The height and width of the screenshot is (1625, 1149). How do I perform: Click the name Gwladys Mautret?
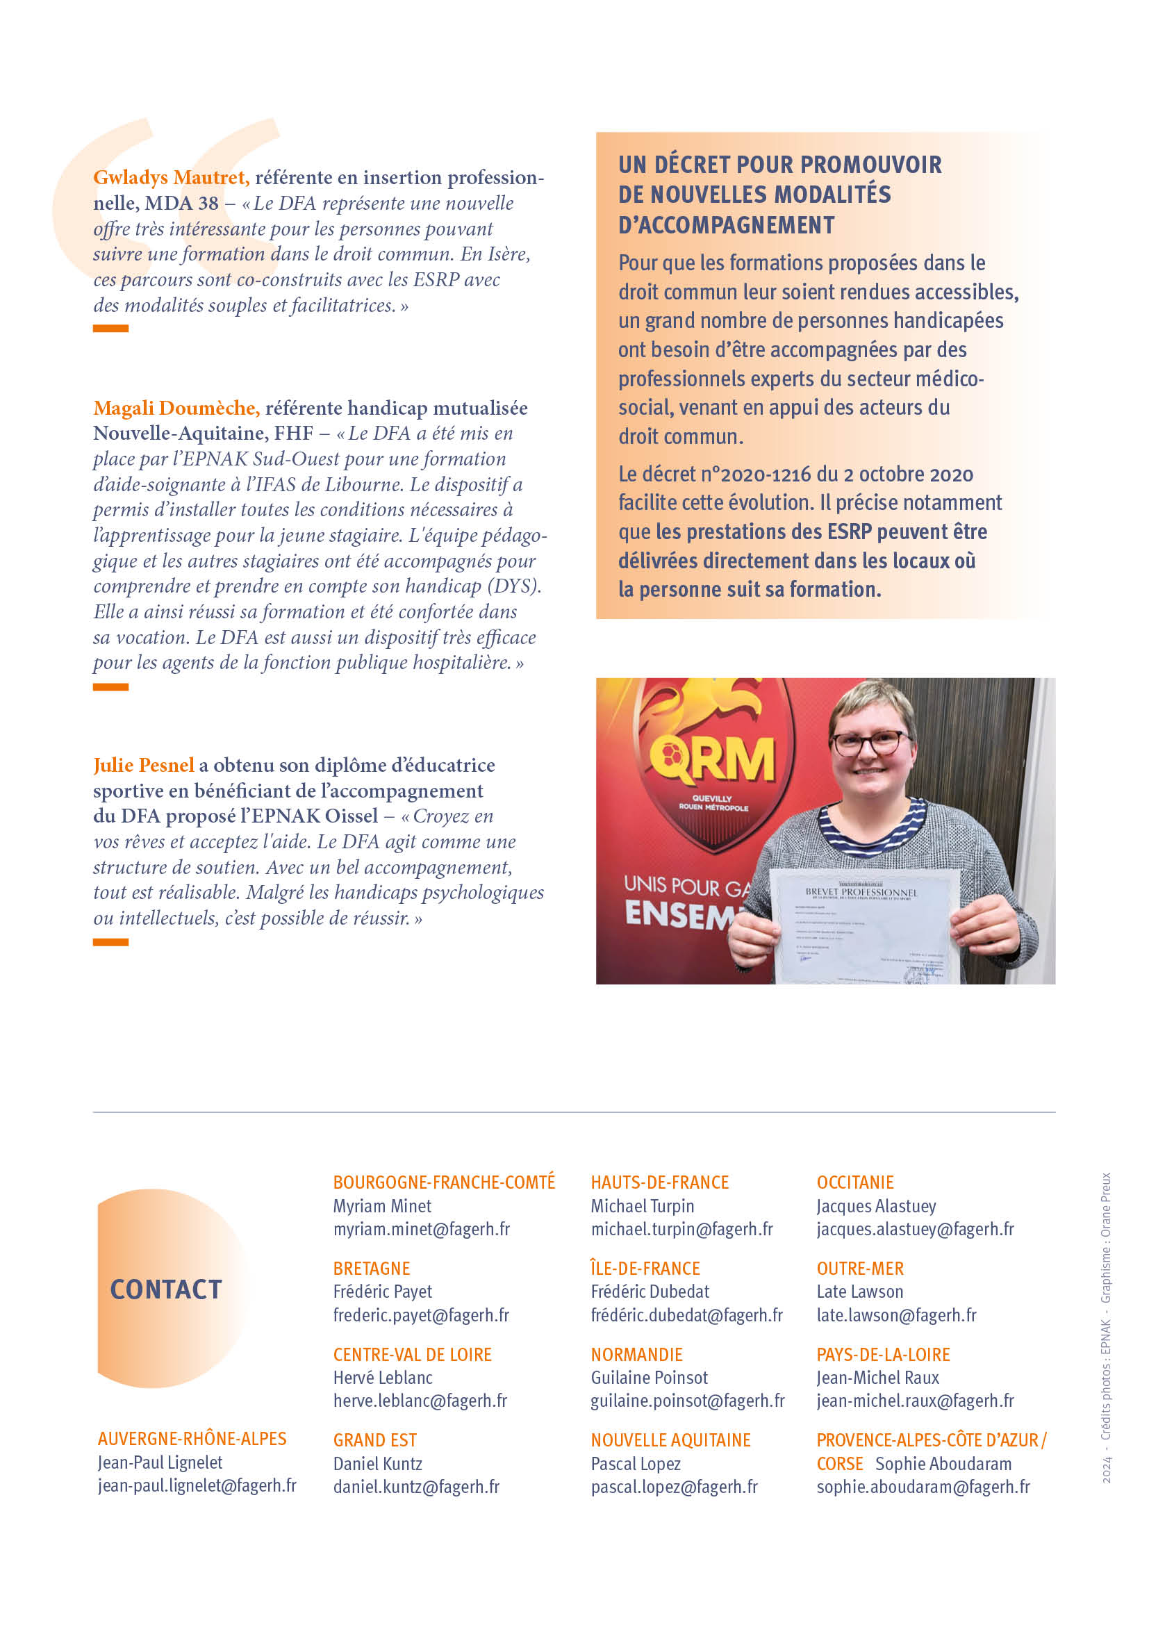click(x=170, y=177)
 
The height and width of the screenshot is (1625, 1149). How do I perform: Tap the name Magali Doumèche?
click(x=176, y=408)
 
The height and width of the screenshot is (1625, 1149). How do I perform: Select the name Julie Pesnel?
click(x=143, y=765)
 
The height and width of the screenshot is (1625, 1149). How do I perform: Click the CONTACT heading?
click(x=166, y=1289)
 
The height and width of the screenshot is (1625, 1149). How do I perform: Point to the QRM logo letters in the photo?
click(x=713, y=759)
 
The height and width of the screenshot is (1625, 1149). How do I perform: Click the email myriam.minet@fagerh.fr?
click(x=422, y=1230)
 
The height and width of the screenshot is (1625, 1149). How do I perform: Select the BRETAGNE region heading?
click(x=372, y=1269)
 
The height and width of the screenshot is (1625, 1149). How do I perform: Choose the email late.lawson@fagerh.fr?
click(x=896, y=1315)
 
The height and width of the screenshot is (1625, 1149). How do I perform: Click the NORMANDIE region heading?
click(x=637, y=1355)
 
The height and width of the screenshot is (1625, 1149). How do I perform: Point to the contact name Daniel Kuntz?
click(x=378, y=1464)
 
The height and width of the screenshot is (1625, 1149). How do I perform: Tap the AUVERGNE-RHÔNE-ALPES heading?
click(x=192, y=1439)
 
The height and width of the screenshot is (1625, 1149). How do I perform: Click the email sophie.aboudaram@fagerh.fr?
click(x=923, y=1487)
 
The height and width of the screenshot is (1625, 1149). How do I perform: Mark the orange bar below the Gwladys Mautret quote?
click(x=110, y=329)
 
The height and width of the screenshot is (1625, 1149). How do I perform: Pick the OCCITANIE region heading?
click(x=855, y=1182)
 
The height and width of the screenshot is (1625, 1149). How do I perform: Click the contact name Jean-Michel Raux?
click(x=878, y=1378)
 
